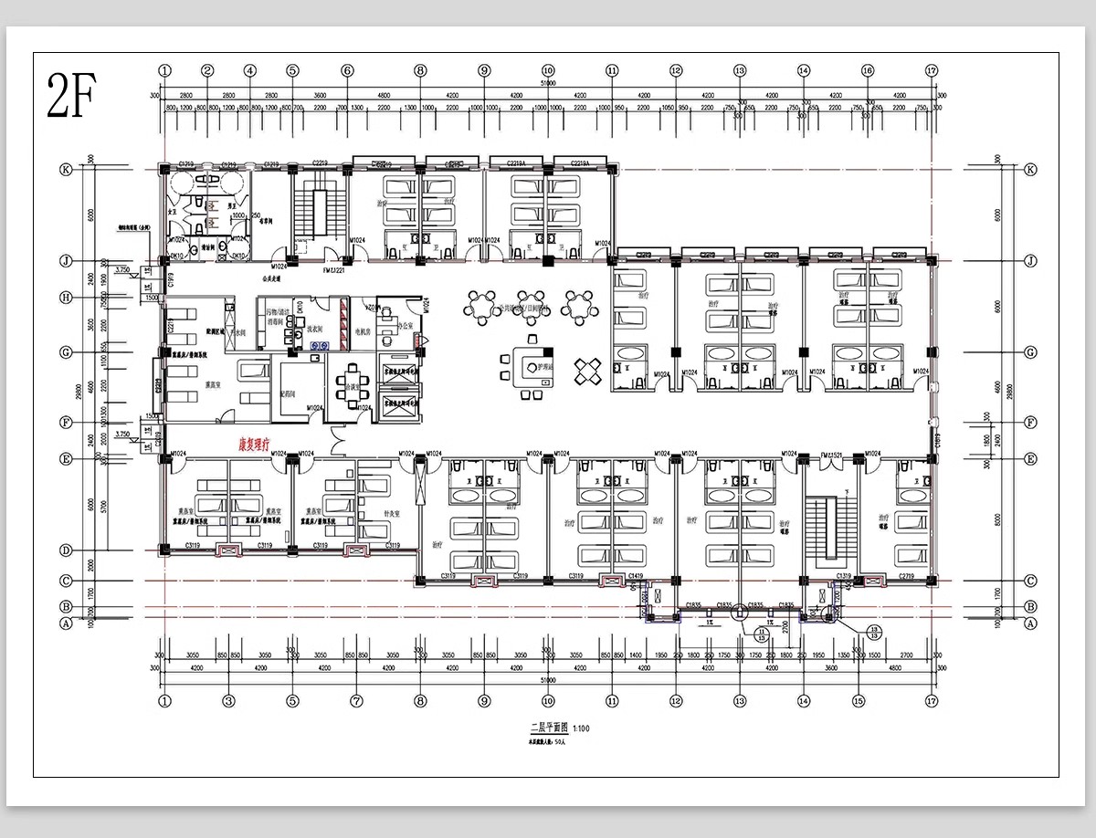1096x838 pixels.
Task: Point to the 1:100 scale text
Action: tap(583, 728)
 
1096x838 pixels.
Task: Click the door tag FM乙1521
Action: tap(832, 454)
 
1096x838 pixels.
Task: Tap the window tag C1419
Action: tap(637, 576)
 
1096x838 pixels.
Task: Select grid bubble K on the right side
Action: tap(1030, 170)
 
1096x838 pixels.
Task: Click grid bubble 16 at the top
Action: tap(867, 70)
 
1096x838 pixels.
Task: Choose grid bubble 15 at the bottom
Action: tap(858, 701)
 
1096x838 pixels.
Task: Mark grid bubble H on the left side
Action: tap(66, 298)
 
